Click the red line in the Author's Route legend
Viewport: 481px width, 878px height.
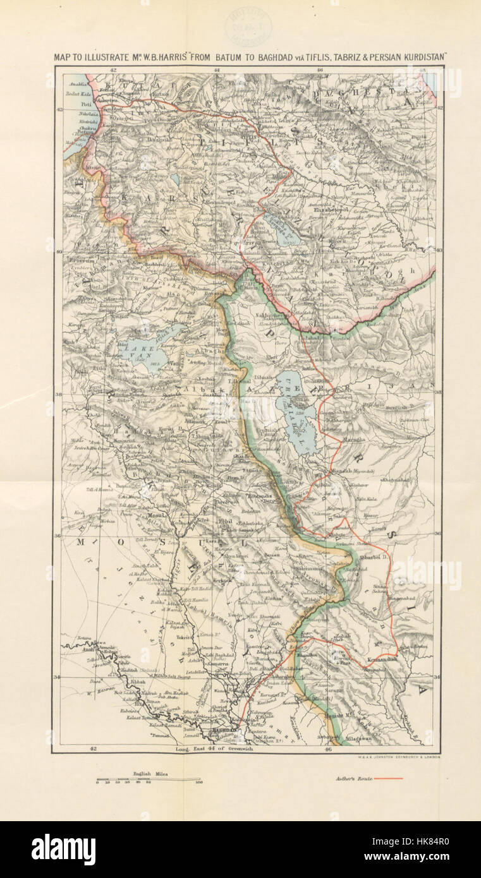(x=388, y=778)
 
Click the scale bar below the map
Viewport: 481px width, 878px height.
(x=149, y=779)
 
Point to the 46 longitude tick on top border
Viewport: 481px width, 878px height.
(x=320, y=69)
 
